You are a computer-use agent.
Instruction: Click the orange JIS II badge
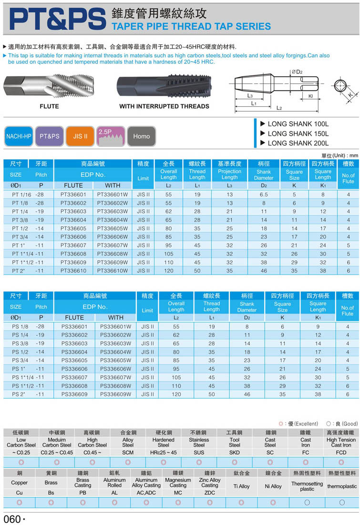tap(80, 136)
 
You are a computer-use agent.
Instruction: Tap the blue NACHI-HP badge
tap(19, 136)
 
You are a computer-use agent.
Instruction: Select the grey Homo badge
tap(142, 136)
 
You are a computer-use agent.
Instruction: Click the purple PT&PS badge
tap(50, 136)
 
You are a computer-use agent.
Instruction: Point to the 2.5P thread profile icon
tap(111, 136)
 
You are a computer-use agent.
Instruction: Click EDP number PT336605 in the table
tap(73, 228)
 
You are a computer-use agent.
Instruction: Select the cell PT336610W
tap(113, 271)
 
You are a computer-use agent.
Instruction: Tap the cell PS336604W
tap(115, 352)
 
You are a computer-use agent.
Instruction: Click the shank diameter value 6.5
tap(264, 194)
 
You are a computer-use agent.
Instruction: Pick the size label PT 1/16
tap(21, 194)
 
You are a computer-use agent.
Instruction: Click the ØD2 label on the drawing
tap(297, 72)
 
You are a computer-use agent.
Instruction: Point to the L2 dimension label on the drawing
tap(279, 108)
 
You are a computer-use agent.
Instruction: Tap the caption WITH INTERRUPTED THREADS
tap(164, 106)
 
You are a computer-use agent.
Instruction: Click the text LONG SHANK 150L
tap(298, 133)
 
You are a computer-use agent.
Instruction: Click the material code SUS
tap(199, 452)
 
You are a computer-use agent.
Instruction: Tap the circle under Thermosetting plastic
tap(307, 502)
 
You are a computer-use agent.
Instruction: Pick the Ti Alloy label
tap(241, 486)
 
